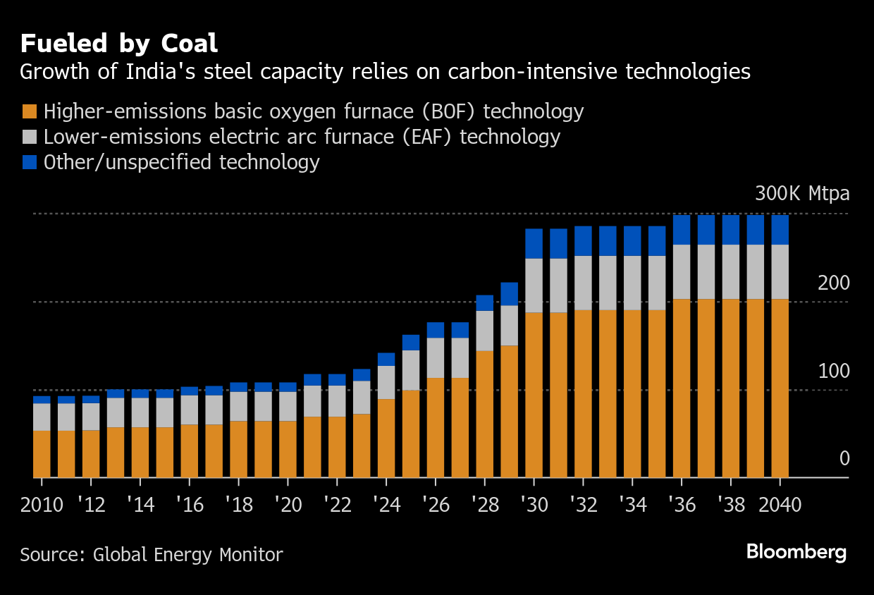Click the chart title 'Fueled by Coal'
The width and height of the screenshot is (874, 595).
tap(119, 44)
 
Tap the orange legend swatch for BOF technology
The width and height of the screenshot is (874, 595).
tap(29, 111)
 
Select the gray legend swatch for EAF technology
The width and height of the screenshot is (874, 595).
tap(29, 137)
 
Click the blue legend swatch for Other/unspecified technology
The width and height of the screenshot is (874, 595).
tap(29, 162)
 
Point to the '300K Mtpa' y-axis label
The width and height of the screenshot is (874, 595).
tap(802, 194)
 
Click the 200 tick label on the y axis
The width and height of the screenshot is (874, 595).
tap(834, 283)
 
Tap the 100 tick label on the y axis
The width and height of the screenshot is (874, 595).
tap(834, 372)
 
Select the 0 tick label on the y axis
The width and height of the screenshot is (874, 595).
tap(844, 460)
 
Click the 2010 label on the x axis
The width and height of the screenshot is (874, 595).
tap(42, 505)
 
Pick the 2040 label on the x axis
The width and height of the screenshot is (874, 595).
tap(780, 505)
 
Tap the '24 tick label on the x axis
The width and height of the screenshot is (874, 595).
tap(386, 505)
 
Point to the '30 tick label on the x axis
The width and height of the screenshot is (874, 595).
tap(534, 505)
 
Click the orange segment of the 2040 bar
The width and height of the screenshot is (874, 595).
tap(780, 388)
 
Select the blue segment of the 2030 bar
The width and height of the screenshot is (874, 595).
tap(534, 243)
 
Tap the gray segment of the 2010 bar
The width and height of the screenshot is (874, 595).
tap(42, 417)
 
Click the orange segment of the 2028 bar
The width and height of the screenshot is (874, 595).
tap(485, 414)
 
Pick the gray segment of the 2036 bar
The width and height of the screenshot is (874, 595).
tap(682, 271)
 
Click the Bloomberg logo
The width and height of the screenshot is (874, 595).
tap(796, 552)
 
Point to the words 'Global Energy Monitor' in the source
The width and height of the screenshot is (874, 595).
tap(187, 555)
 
